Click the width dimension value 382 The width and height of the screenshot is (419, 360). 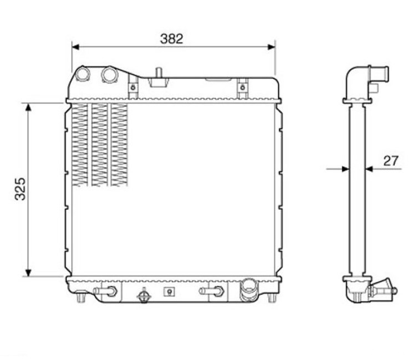tap(172, 39)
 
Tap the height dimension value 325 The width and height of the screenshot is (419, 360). tap(20, 189)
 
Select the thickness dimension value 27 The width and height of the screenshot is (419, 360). tap(391, 161)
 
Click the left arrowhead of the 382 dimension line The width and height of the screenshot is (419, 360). tap(75, 47)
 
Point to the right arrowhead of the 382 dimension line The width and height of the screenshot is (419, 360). tap(271, 47)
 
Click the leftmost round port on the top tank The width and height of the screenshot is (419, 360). tap(83, 74)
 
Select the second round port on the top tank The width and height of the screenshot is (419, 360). tap(110, 74)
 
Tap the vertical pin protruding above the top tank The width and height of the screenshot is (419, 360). tap(159, 73)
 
